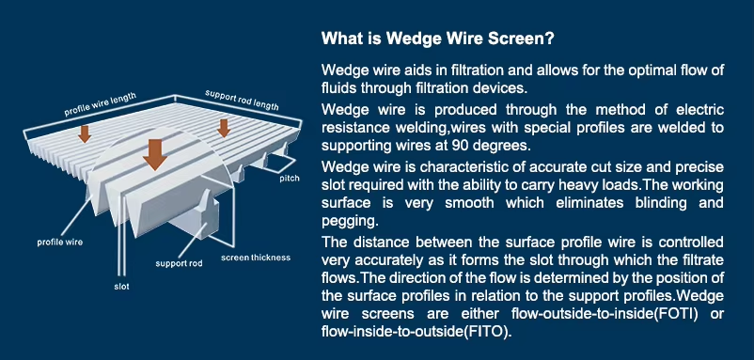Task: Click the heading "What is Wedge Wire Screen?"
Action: pos(437,38)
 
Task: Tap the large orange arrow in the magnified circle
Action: pos(155,154)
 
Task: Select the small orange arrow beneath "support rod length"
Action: pos(223,129)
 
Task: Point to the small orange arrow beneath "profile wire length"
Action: pos(85,134)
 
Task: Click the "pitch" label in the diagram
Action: pos(290,179)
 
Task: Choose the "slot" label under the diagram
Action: pos(121,287)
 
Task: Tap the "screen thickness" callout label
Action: pos(256,258)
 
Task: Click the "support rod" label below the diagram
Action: pos(179,263)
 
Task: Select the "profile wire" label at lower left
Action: pos(59,243)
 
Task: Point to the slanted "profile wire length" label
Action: pos(100,104)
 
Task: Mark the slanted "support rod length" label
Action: pos(242,100)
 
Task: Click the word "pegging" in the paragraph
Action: pos(349,221)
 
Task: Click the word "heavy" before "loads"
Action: pos(560,185)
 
